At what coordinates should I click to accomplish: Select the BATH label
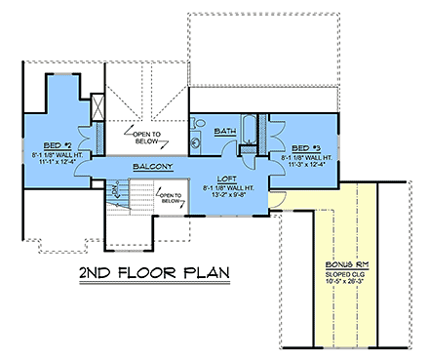click(225, 131)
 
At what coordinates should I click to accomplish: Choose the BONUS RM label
click(341, 262)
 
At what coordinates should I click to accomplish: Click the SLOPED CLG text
click(341, 272)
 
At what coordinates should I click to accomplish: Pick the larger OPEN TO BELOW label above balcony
click(146, 136)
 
